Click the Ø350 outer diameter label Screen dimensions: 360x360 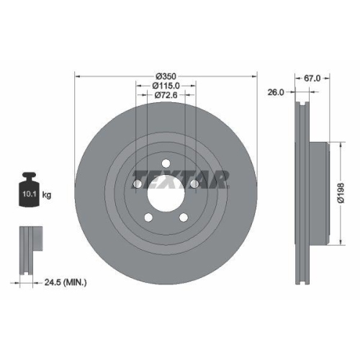(167, 75)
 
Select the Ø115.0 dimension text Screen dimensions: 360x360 (167, 86)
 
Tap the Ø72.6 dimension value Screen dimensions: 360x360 (167, 96)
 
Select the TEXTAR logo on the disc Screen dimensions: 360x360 (181, 177)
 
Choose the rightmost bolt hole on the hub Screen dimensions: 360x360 (194, 185)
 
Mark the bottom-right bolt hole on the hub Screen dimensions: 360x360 (184, 217)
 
